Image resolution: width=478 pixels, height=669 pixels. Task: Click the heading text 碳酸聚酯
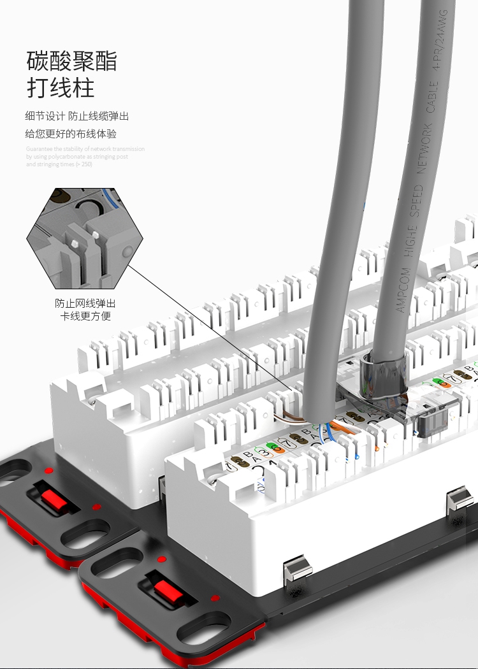pyautogui.click(x=71, y=62)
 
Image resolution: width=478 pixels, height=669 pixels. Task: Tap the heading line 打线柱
pyautogui.click(x=61, y=87)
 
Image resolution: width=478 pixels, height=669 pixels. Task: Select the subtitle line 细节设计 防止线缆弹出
pyautogui.click(x=77, y=116)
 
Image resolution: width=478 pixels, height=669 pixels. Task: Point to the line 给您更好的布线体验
pyautogui.click(x=71, y=134)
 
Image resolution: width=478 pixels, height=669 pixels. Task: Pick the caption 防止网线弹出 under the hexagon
pyautogui.click(x=85, y=303)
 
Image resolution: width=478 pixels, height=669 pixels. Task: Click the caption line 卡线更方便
pyautogui.click(x=85, y=316)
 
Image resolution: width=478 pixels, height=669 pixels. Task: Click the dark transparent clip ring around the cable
pyautogui.click(x=383, y=377)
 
